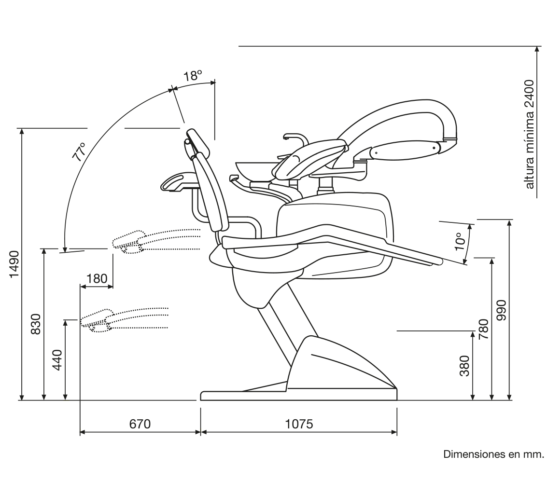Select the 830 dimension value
(x=36, y=324)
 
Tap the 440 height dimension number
(x=57, y=360)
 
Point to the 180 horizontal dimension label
(x=97, y=279)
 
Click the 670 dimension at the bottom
(x=140, y=424)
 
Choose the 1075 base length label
(x=299, y=424)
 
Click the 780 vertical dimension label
(x=483, y=330)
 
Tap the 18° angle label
(x=192, y=76)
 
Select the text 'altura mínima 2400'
(x=530, y=134)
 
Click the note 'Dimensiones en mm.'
(x=493, y=454)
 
